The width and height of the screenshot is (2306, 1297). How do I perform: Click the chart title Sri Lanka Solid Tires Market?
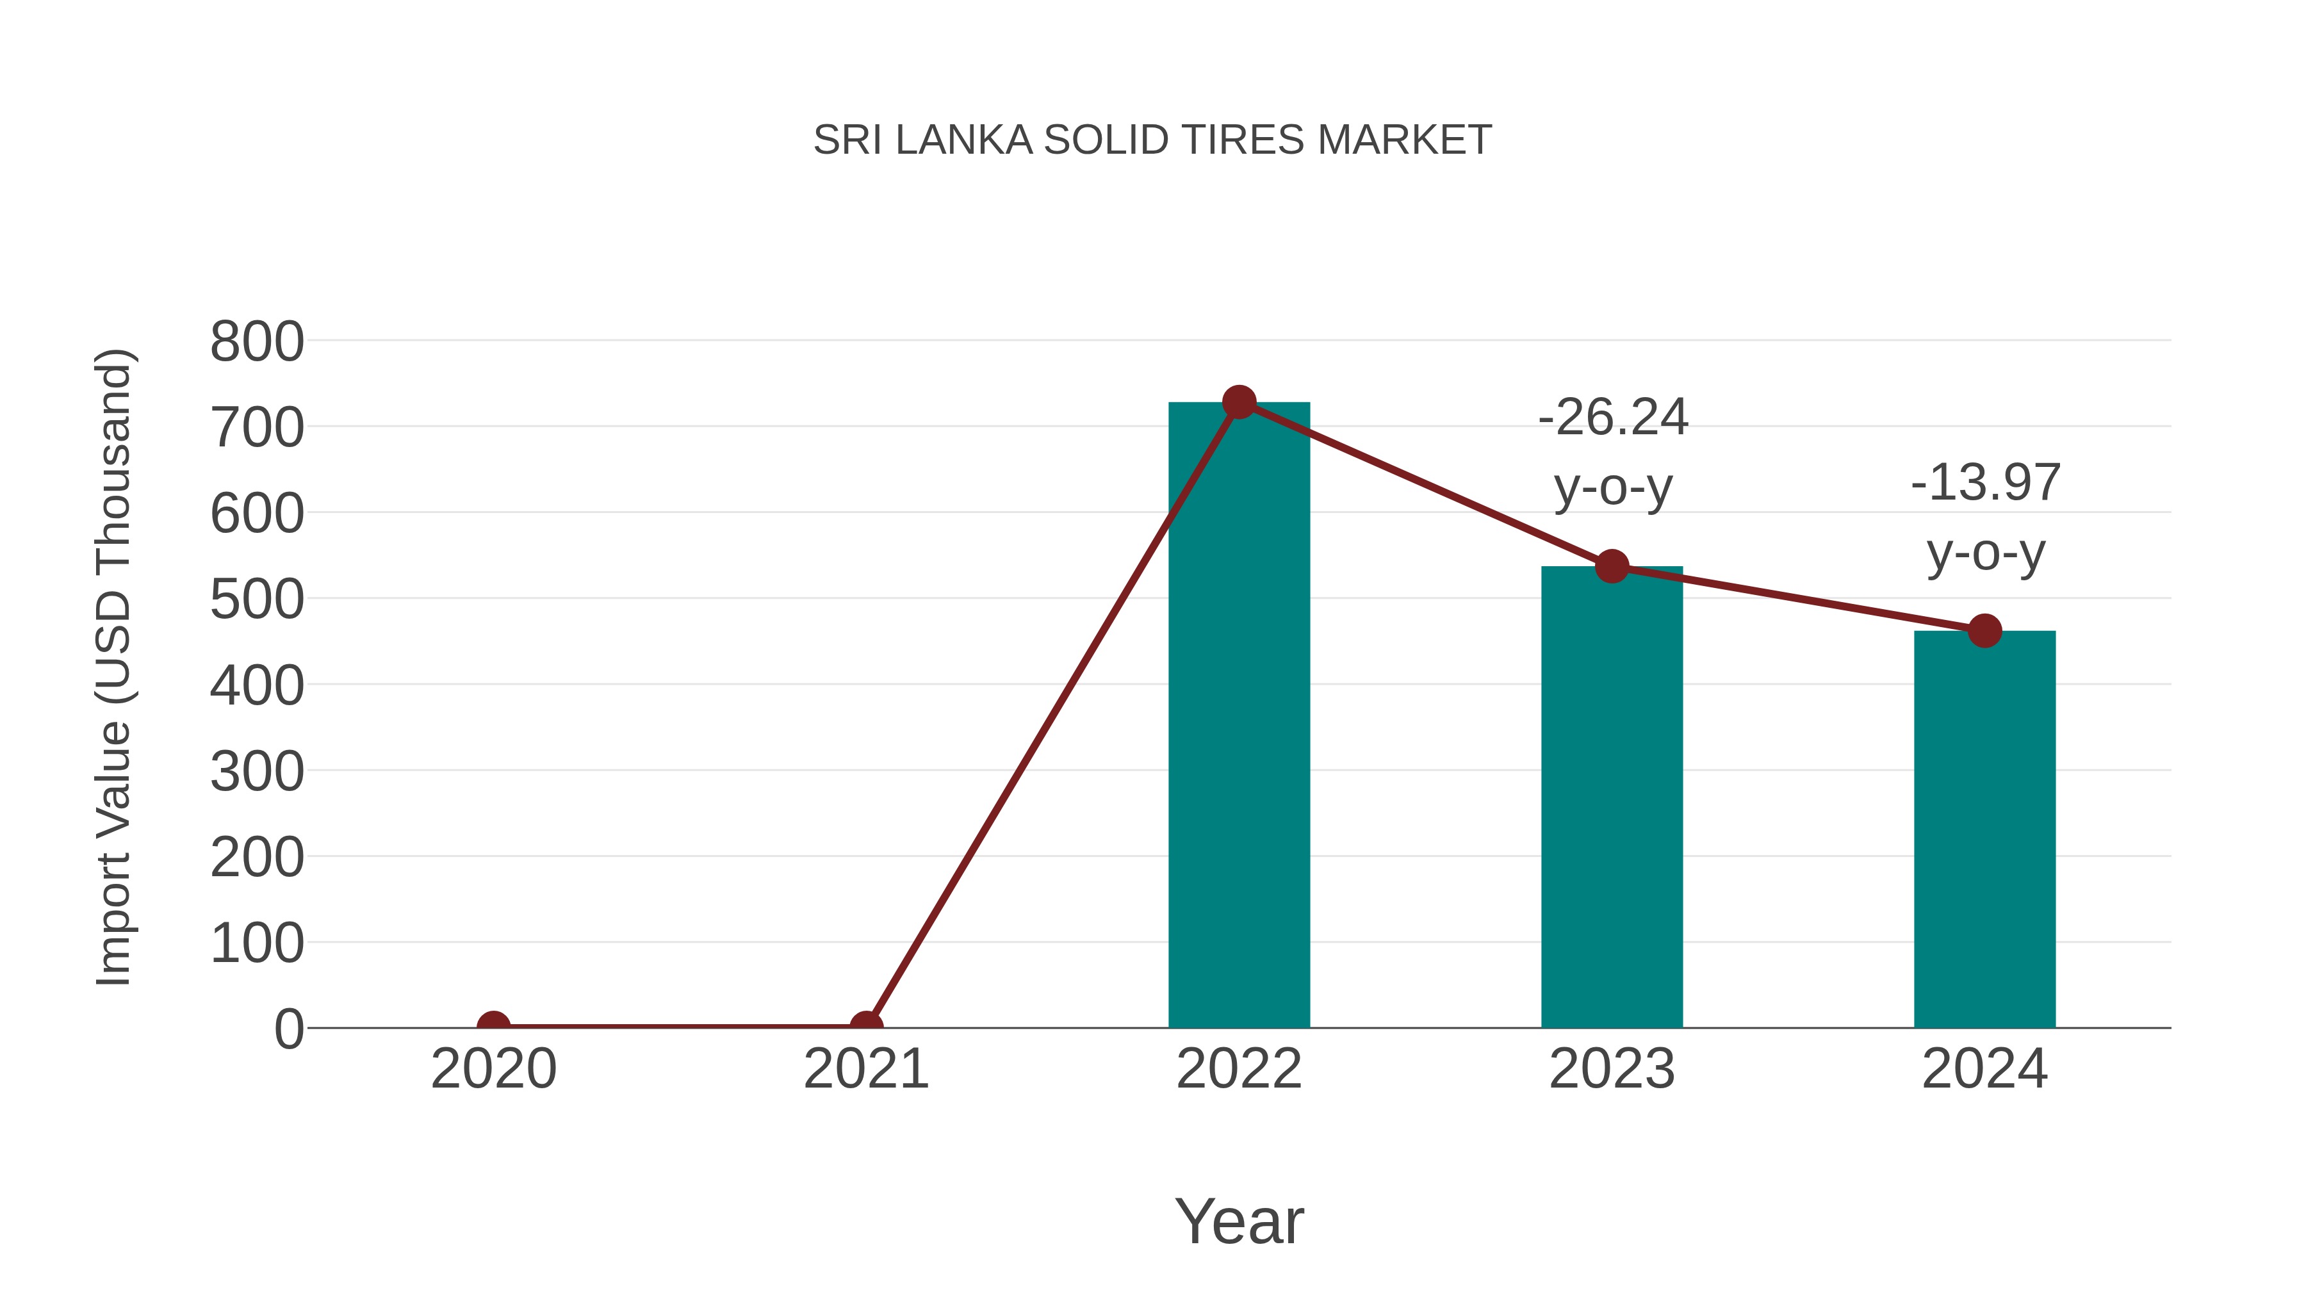[1152, 140]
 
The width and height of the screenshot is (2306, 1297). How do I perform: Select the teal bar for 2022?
[1239, 716]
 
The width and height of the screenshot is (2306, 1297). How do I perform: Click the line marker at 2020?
[493, 1026]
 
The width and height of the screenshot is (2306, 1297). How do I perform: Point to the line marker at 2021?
[865, 1026]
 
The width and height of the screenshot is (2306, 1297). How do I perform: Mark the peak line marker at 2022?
[1239, 403]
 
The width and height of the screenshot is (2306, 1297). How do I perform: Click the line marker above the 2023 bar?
[1612, 567]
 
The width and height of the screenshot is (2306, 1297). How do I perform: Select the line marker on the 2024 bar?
[1984, 631]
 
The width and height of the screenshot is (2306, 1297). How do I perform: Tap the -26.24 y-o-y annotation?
[1613, 452]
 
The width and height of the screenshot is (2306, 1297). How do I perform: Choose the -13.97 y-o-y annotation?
[1986, 518]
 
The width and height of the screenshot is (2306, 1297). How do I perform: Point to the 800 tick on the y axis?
[257, 342]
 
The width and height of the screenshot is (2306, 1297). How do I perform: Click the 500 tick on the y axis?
[257, 600]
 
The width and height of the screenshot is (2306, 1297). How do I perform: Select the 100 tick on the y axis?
[257, 943]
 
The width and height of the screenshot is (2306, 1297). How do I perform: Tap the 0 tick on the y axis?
[288, 1029]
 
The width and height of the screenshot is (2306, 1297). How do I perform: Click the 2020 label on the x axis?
[493, 1069]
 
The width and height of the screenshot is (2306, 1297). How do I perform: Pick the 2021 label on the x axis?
[865, 1069]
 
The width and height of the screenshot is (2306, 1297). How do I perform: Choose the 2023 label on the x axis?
[1612, 1069]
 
